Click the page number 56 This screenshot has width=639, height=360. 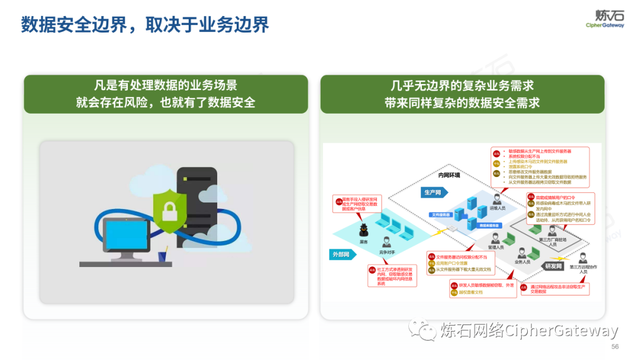tap(615, 346)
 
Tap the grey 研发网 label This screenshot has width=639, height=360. tap(553, 266)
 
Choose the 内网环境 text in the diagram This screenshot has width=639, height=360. tap(448, 175)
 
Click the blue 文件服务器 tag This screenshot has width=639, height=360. tap(440, 214)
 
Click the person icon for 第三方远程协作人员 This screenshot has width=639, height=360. tap(582, 257)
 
